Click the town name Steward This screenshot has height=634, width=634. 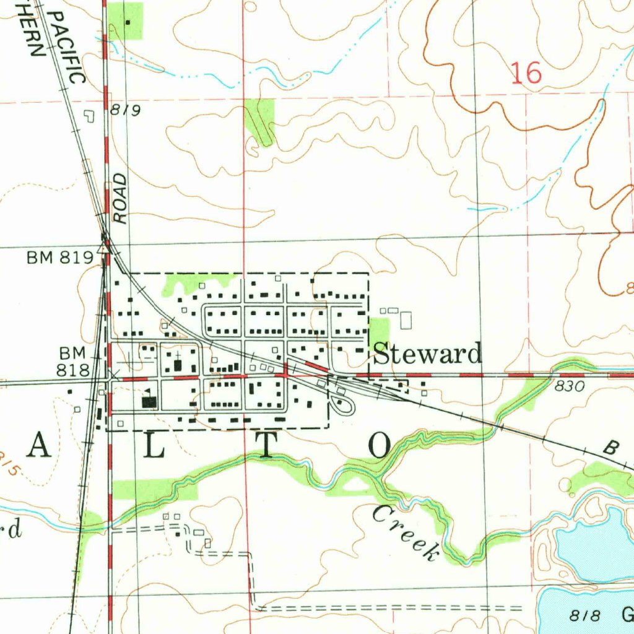(x=428, y=354)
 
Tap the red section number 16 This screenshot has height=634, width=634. (x=527, y=74)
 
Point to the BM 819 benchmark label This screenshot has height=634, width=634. (x=59, y=258)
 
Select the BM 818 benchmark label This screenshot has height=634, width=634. (x=74, y=362)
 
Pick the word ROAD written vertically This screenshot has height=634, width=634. (x=119, y=198)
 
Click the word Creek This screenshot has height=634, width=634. (x=404, y=533)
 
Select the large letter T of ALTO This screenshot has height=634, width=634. (x=265, y=446)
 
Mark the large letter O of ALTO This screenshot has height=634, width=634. (x=380, y=445)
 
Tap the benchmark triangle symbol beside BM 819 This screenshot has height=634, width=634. (x=105, y=249)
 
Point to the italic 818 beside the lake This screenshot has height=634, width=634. (x=585, y=615)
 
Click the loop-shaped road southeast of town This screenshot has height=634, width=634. (x=342, y=405)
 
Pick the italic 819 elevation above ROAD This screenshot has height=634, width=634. (x=126, y=111)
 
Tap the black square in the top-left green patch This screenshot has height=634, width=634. (x=128, y=23)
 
